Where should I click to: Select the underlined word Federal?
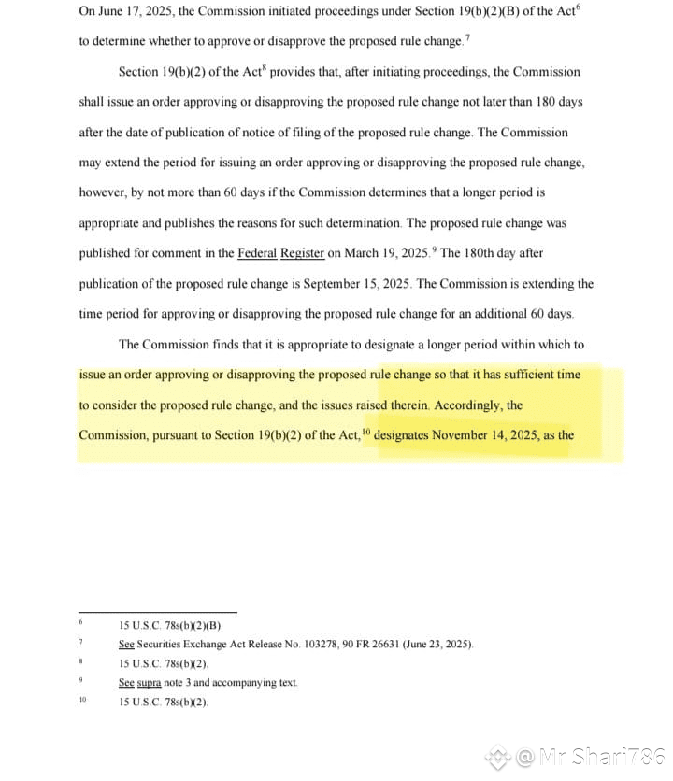258,253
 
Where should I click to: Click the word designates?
408,435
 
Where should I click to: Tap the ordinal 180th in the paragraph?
493,253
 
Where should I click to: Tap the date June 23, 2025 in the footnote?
437,645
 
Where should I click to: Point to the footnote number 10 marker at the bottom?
82,700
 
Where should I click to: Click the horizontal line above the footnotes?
157,612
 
